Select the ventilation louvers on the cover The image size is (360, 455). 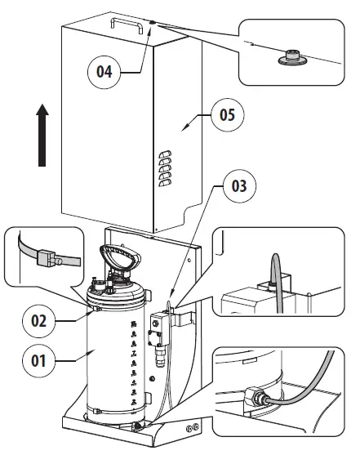click(166, 167)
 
